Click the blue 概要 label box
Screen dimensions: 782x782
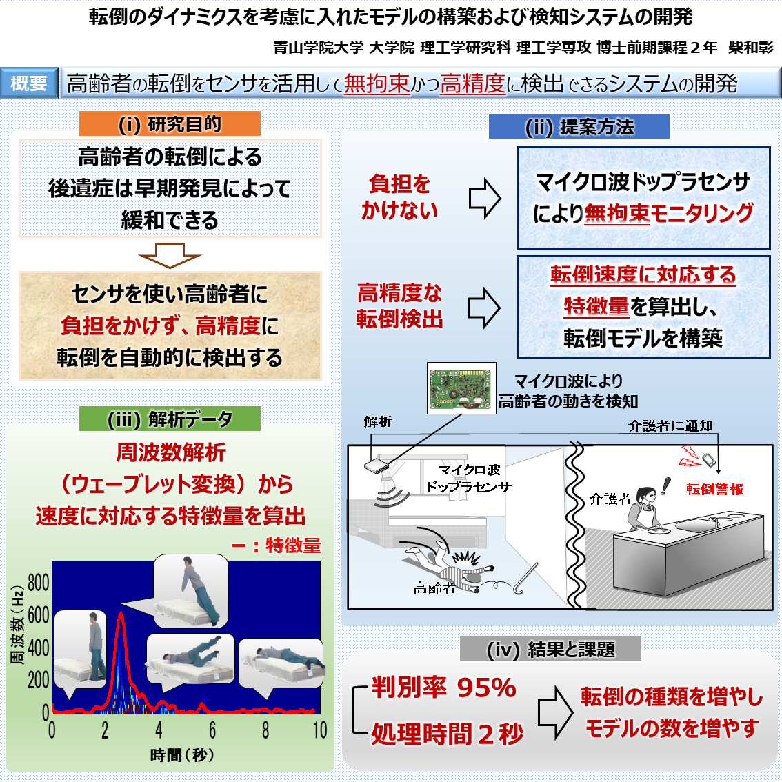coord(29,83)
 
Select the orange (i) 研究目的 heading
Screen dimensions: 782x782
coord(170,124)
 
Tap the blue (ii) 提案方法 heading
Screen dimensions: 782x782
coord(579,126)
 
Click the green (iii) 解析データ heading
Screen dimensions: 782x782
coord(170,419)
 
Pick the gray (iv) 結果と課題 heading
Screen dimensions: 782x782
coord(550,649)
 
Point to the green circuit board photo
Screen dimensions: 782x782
coord(461,388)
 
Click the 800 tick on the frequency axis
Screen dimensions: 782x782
coord(39,583)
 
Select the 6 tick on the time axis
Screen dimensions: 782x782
coord(212,730)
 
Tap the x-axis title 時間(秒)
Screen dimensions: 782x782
coord(182,755)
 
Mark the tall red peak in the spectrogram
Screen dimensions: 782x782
coord(121,621)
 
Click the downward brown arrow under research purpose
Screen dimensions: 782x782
coord(170,254)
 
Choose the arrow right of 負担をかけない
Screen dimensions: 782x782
coord(484,198)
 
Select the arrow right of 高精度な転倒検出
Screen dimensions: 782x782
coord(484,307)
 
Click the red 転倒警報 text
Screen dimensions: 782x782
coord(714,489)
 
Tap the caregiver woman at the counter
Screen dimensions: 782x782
coord(645,510)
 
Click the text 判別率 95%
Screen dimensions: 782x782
coord(443,688)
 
